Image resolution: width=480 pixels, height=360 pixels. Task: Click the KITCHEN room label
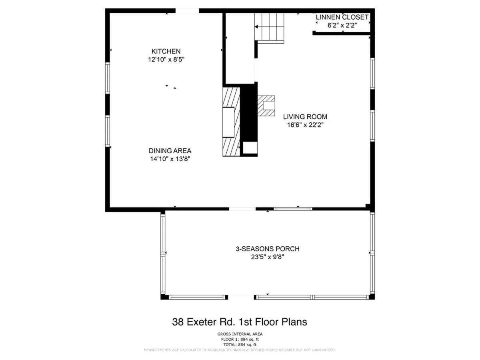[x=166, y=51]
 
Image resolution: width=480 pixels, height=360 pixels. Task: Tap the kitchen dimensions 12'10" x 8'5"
[x=166, y=60]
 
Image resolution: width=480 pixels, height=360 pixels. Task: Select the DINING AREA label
[x=170, y=151]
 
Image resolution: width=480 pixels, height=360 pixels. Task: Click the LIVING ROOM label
[x=305, y=117]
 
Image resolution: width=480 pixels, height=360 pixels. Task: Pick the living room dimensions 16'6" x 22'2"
[x=305, y=125]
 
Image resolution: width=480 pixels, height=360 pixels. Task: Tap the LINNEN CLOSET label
[x=342, y=17]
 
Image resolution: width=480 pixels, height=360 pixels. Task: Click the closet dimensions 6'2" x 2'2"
[x=342, y=25]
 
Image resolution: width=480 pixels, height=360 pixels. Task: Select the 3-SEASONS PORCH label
[x=268, y=249]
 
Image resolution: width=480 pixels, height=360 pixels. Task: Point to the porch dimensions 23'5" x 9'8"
[x=268, y=257]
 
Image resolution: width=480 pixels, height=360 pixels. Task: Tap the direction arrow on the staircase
[x=256, y=27]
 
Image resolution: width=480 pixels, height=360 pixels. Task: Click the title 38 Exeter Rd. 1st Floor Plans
[x=240, y=322]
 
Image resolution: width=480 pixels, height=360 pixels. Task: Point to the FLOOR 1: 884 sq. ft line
[x=240, y=340]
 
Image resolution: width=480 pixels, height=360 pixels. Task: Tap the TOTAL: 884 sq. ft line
[x=240, y=345]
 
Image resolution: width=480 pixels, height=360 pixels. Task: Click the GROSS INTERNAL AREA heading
[x=240, y=334]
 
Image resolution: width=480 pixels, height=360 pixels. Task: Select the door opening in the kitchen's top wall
[x=187, y=11]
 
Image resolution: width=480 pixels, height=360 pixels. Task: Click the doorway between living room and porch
[x=242, y=209]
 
